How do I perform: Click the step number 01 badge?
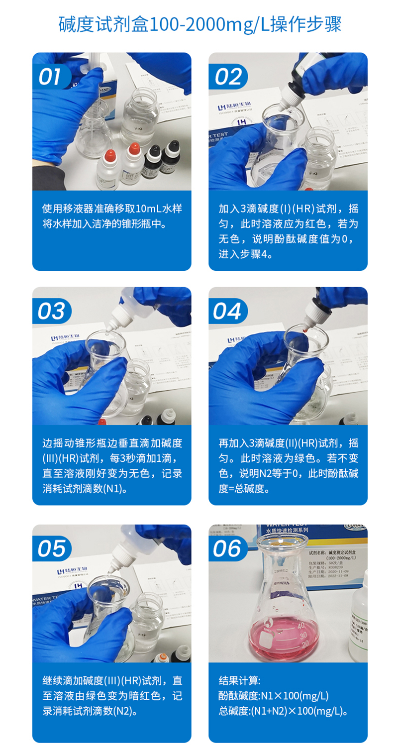50,77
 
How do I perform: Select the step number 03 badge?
51,312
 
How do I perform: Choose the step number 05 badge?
51,549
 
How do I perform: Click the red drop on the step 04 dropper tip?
302,328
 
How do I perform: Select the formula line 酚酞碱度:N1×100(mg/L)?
274,696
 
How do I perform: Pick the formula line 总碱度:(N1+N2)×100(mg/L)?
283,711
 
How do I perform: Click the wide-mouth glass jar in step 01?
140,117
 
